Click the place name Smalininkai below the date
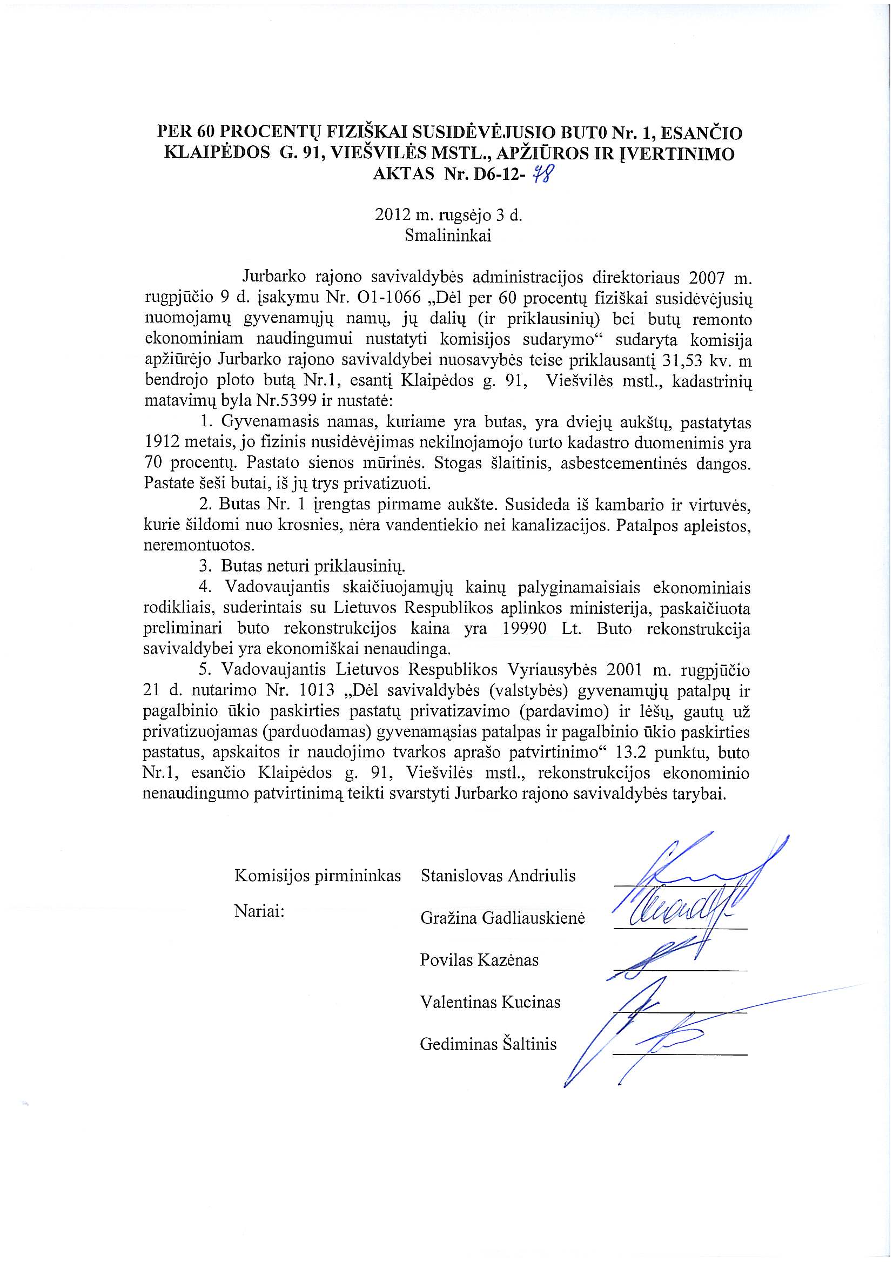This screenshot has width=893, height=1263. tap(448, 236)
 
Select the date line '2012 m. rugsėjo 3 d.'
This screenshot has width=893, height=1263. tap(448, 215)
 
